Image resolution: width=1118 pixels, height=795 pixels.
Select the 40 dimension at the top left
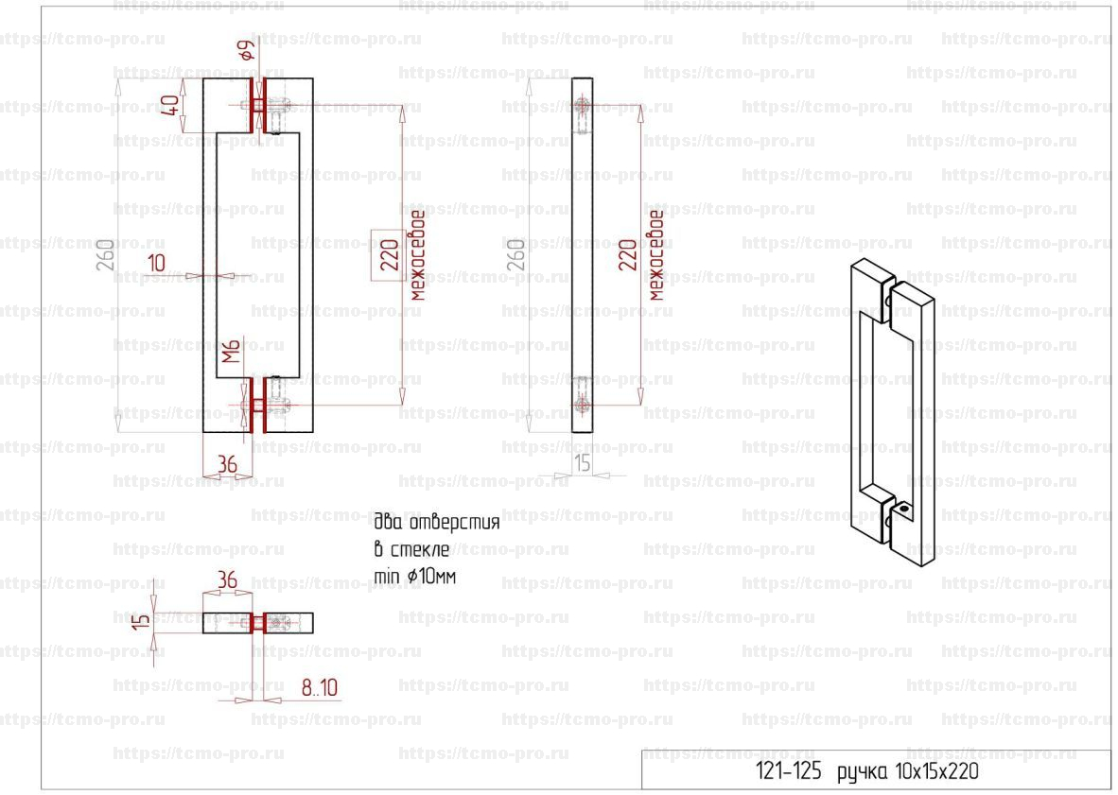[x=170, y=106]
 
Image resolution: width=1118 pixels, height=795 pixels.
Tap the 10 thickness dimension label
[x=156, y=263]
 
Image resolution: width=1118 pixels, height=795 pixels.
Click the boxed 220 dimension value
[x=390, y=255]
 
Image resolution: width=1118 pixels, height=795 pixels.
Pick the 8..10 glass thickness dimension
[x=319, y=687]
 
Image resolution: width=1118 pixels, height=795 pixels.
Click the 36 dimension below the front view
[x=227, y=464]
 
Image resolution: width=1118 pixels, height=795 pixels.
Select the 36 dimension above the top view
[x=227, y=579]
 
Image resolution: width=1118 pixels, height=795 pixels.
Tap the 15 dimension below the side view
[x=583, y=463]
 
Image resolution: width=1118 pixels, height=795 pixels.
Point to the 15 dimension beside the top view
[x=144, y=620]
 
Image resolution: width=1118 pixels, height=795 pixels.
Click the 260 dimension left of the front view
[x=105, y=255]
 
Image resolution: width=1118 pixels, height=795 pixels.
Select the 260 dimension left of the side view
[x=516, y=255]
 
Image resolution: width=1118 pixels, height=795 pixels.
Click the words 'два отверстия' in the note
[x=436, y=523]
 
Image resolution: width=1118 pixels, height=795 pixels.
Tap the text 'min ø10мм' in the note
[x=414, y=576]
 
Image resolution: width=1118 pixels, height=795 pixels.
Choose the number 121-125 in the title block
[x=788, y=771]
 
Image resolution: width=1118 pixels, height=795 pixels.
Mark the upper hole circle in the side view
[x=583, y=107]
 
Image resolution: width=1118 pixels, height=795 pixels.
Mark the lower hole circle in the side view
[x=583, y=406]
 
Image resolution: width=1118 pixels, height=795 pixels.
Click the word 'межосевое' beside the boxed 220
[x=417, y=255]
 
